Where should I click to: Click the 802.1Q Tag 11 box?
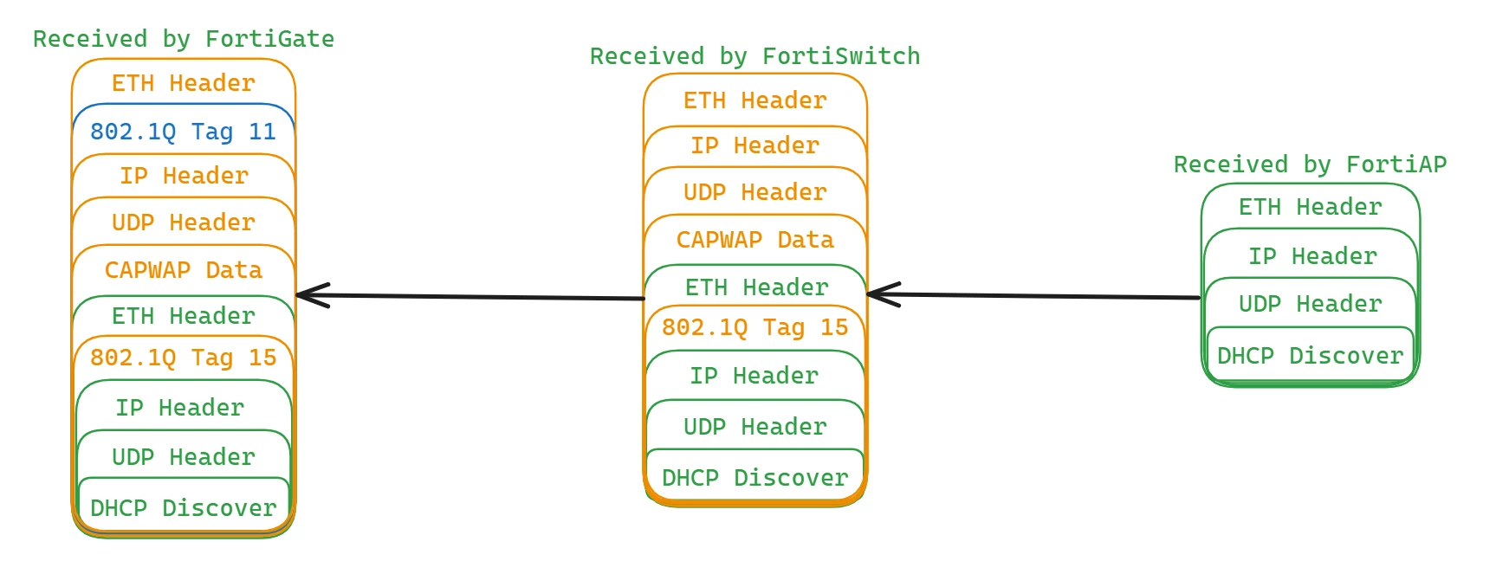[x=184, y=132]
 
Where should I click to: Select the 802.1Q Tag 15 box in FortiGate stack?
[x=184, y=358]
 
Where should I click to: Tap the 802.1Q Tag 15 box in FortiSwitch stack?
[x=755, y=327]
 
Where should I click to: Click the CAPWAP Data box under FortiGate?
[x=184, y=270]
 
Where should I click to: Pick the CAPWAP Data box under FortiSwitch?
[x=755, y=240]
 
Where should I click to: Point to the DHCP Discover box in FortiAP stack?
[x=1311, y=355]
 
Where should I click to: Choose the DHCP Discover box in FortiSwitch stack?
[x=755, y=477]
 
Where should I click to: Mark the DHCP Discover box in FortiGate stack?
[x=184, y=507]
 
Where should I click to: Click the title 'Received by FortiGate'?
[x=184, y=39]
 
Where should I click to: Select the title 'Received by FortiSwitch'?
[x=755, y=56]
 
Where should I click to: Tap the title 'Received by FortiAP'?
[x=1311, y=164]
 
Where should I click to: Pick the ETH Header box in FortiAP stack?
[x=1311, y=207]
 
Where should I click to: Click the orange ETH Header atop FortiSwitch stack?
[x=755, y=100]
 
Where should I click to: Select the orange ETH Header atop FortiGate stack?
[x=184, y=83]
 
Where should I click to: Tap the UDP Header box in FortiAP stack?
[x=1311, y=304]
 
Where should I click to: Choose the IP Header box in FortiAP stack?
[x=1311, y=256]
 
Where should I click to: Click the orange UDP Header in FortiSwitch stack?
[x=755, y=192]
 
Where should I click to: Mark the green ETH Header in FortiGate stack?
[x=184, y=316]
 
